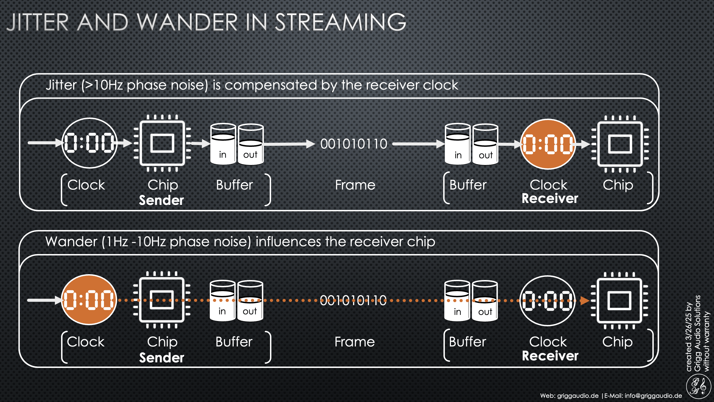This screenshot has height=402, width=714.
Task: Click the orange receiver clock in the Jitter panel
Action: point(548,144)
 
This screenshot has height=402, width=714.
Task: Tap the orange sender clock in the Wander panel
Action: point(89,300)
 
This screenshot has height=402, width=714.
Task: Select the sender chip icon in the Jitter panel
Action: point(162,143)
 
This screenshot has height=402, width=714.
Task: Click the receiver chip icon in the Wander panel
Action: point(619,301)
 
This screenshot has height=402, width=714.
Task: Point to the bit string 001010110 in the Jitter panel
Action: point(354,144)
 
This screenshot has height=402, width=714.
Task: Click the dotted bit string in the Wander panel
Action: point(353,301)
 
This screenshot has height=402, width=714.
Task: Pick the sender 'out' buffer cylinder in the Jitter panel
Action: point(250,145)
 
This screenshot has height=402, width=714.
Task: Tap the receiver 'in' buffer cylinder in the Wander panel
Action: point(457,301)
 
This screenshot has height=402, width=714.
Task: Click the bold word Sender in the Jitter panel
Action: point(161,200)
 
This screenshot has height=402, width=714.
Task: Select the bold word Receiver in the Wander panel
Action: point(550,356)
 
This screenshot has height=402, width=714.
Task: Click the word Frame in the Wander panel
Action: point(354,342)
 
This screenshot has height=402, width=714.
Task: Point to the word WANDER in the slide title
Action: point(187,22)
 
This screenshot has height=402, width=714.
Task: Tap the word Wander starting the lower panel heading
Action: point(71,242)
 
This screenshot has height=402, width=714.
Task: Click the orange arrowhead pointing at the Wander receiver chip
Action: point(585,301)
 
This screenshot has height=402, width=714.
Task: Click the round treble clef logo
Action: point(698,387)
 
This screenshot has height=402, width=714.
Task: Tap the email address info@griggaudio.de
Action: point(653,396)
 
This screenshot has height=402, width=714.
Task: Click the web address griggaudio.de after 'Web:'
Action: point(578,396)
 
